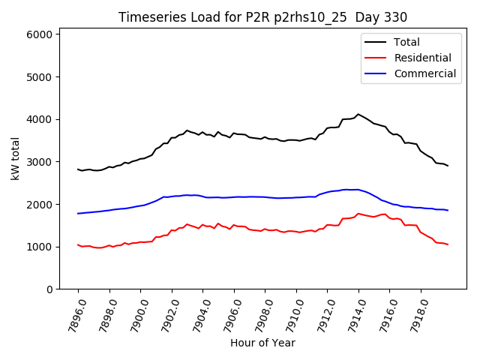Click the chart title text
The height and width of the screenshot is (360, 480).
263,17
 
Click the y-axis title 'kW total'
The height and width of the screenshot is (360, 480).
15,159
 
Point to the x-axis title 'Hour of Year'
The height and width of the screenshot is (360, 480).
262,343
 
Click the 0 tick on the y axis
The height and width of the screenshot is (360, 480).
49,289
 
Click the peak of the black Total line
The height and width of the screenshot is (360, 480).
358,114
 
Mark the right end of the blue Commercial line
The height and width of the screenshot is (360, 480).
448,210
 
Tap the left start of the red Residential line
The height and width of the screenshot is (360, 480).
78,244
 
